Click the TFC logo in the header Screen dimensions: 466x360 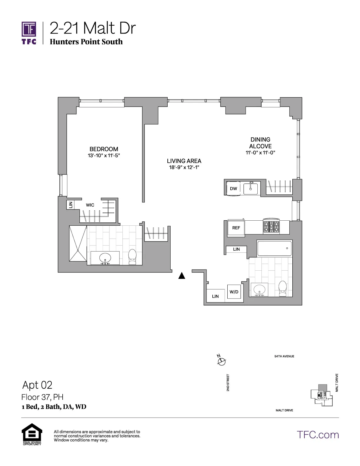(29, 32)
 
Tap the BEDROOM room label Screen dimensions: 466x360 (104, 149)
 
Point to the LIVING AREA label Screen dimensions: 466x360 (184, 161)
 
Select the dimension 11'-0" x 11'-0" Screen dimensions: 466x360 (260, 153)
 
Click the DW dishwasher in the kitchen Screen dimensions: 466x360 (234, 189)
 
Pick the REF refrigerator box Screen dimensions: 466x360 (236, 228)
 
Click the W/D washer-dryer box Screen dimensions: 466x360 (234, 292)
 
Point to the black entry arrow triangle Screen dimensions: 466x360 (182, 276)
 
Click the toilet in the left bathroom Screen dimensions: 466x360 (132, 257)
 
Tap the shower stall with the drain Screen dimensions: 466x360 (78, 243)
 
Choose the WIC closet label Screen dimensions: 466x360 (90, 205)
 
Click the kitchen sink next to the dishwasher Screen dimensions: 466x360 (251, 188)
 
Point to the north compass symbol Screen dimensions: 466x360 (221, 360)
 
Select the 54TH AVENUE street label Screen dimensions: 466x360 (284, 356)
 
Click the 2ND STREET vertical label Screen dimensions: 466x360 (228, 383)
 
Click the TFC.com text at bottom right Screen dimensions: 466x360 (318, 435)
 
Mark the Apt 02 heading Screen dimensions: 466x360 (37, 385)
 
